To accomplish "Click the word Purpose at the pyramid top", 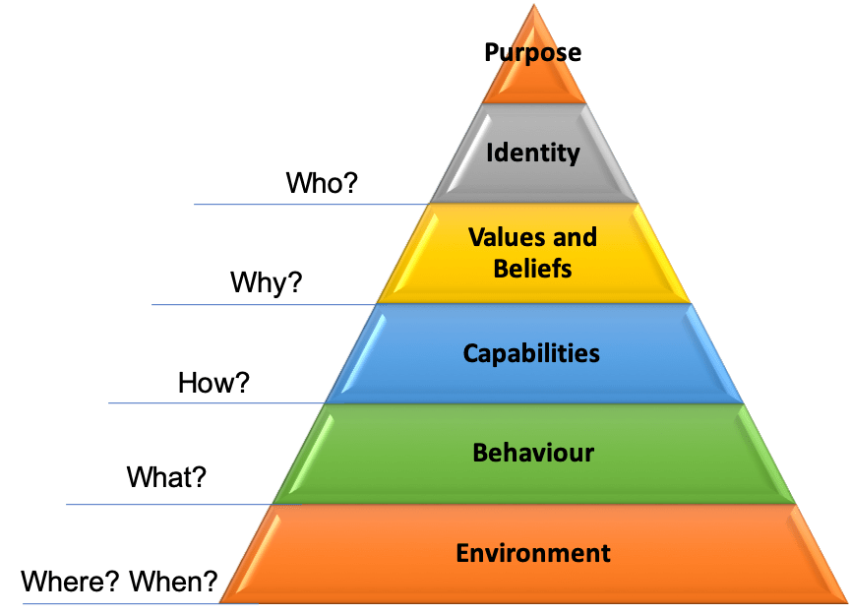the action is point(532,52).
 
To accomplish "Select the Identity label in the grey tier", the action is point(533,153).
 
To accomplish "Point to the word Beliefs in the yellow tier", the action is point(532,268).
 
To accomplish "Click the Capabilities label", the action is point(531,353).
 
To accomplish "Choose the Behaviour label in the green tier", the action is point(533,453).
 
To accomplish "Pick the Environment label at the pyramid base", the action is point(533,553).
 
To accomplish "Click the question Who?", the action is point(321,183).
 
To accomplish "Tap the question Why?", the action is point(267,283).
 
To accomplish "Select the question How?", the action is point(213,383).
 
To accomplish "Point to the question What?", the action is point(166,477).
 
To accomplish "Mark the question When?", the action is point(178,582).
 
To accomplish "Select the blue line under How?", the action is point(216,403).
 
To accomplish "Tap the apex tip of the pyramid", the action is point(534,6).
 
